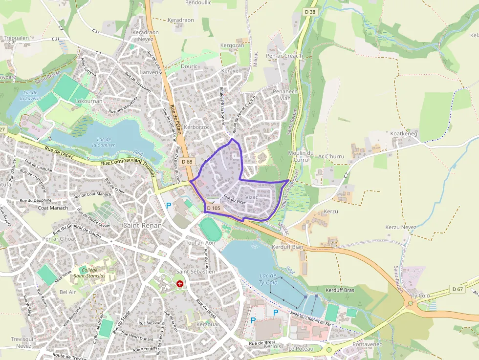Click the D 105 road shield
[214, 208]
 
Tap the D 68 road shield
[187, 162]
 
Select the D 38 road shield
[310, 12]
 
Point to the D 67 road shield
[457, 289]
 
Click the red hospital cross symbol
[180, 283]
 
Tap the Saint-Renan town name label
[139, 225]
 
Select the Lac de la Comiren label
[106, 142]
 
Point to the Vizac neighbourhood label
[251, 197]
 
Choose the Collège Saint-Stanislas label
[89, 273]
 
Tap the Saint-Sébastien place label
[196, 271]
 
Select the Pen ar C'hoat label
[59, 239]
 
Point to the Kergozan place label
[232, 45]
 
